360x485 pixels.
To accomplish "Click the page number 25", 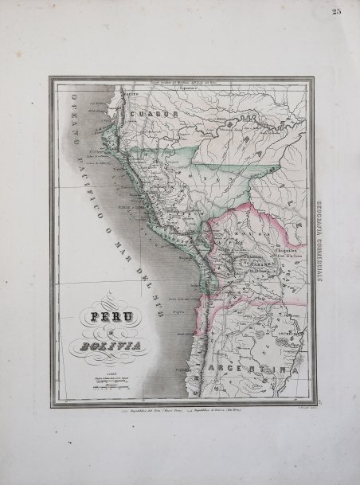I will coord(338,11).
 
